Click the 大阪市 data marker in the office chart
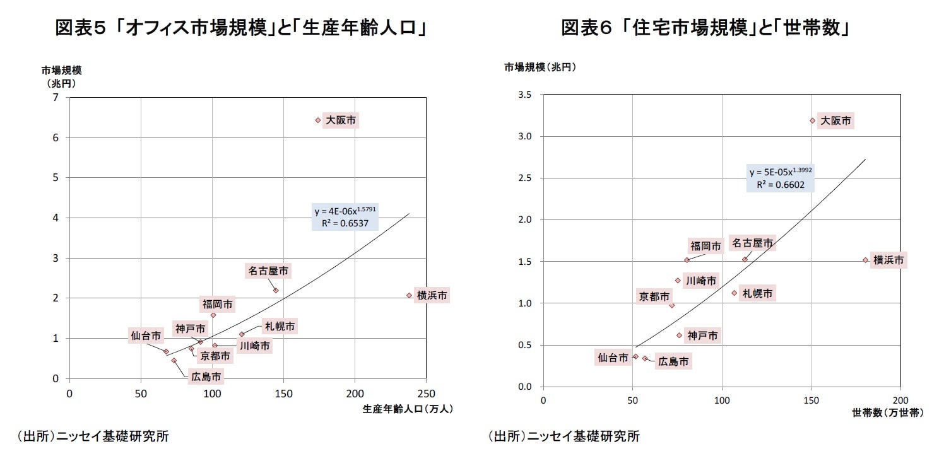(x=318, y=120)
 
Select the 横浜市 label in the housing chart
(x=888, y=260)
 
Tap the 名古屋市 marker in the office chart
(x=276, y=290)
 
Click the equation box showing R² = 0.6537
(x=345, y=217)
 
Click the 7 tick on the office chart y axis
(x=56, y=97)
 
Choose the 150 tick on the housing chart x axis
(x=811, y=400)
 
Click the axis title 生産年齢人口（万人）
(x=408, y=409)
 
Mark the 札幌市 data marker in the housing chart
(x=734, y=293)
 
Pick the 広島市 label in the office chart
(x=206, y=377)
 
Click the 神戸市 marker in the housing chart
(x=680, y=336)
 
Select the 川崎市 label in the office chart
(x=255, y=346)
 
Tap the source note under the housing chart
(x=563, y=436)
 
